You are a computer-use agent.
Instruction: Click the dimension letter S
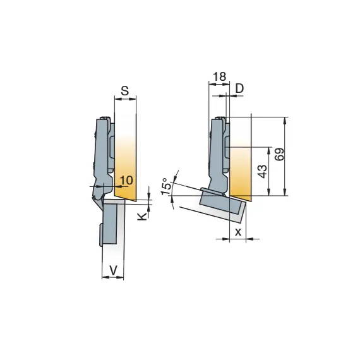pos(125,91)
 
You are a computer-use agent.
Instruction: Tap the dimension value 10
pos(126,180)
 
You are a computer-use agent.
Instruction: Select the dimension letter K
pos(142,216)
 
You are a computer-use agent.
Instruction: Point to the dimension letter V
pos(113,270)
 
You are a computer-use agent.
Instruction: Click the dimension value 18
pos(220,76)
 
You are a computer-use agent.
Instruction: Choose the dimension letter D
pos(239,88)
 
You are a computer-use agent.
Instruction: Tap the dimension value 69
pos(279,155)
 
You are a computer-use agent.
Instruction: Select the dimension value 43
pos(263,171)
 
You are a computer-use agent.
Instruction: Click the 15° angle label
pos(167,186)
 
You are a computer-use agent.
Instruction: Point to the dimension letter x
pos(238,232)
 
